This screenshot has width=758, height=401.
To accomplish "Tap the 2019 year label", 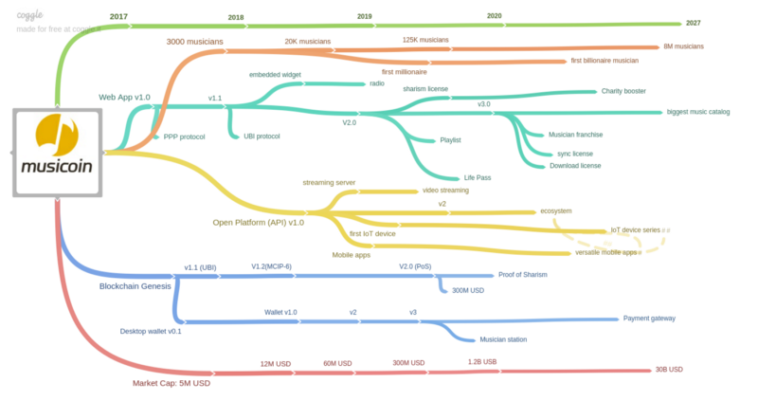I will coord(365,16).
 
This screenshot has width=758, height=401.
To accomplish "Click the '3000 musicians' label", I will coord(195,42).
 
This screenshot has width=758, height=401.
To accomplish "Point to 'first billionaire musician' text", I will coord(605,62).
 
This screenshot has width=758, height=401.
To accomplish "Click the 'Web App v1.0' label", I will coord(124,97).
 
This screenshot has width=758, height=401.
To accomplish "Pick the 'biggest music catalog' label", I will coord(698,112).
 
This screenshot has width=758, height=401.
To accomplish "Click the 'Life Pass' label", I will coord(478,177).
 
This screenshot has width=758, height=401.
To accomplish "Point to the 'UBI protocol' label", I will coord(262,137).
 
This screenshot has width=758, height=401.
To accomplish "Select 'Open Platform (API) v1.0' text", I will coord(258,222).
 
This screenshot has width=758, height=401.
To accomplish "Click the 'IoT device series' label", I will coord(635,230).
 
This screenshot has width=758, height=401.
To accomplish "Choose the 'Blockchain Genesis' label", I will coord(138,285).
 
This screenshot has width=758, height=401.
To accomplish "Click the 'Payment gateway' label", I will coord(649,319).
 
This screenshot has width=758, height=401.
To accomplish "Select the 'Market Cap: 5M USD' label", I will coord(171,383).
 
